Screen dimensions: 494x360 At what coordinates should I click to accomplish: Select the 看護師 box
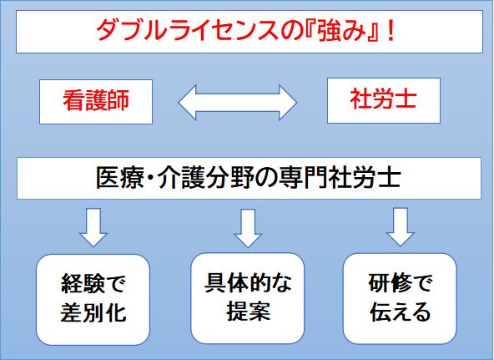pos(96,102)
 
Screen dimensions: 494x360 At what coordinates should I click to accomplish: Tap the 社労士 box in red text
pos(384,100)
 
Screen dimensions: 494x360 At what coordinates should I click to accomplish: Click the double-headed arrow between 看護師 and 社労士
pos(238,103)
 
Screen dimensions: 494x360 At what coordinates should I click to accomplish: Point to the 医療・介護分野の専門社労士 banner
pos(249,178)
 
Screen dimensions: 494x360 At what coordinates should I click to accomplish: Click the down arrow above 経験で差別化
pos(93,227)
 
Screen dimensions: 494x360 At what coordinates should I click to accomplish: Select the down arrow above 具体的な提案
pos(248,228)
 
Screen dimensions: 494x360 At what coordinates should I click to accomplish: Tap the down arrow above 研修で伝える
pos(401,227)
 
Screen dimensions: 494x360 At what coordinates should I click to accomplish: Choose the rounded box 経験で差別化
pos(93,300)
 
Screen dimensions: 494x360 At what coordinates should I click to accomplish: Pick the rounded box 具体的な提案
pos(248,298)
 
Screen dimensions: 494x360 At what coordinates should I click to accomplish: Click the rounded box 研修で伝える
pos(400,298)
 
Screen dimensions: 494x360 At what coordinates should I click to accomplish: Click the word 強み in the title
pos(341,31)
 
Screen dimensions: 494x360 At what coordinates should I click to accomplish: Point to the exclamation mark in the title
pos(391,31)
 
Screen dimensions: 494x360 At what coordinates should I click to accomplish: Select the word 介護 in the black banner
pos(182,178)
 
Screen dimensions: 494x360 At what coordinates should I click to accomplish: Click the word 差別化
pos(93,313)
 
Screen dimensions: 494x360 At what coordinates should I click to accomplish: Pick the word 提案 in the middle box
pos(249,312)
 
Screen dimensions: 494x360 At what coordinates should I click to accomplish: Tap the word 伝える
pos(400,312)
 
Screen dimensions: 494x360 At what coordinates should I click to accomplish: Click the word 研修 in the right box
pos(389,283)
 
